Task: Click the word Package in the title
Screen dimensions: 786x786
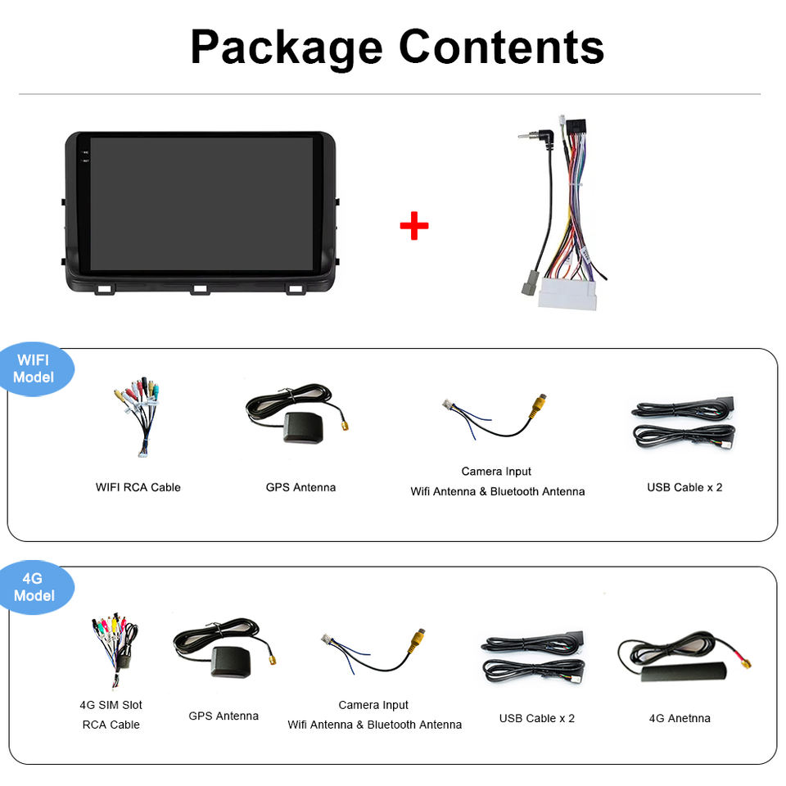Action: [x=286, y=47]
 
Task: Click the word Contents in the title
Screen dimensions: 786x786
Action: [x=501, y=47]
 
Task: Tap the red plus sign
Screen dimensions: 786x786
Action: [x=414, y=226]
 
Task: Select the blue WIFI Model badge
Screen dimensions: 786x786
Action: [x=34, y=368]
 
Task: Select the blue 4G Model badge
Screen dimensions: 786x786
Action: [x=34, y=587]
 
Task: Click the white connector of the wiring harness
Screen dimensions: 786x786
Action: [x=567, y=295]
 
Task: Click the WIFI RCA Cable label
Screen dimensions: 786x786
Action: [x=138, y=487]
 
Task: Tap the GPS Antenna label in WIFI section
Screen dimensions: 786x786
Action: [x=300, y=487]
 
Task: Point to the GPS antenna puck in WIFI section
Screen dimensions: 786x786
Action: [x=303, y=427]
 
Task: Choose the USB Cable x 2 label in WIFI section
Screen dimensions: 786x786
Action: [x=684, y=487]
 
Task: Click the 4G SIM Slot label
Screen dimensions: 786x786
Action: [x=111, y=705]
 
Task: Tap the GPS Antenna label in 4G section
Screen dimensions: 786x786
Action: [x=224, y=716]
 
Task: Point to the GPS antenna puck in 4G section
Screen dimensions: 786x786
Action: [x=229, y=660]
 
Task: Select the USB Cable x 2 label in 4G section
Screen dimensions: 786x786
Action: [x=537, y=718]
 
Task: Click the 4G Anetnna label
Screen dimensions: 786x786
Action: [x=680, y=718]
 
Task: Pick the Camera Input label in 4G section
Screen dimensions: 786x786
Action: [x=373, y=705]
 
